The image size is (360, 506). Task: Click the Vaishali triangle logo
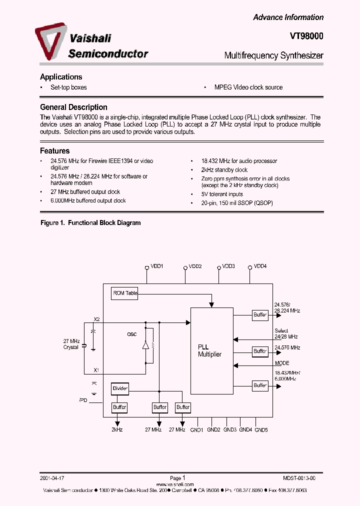pos(50,42)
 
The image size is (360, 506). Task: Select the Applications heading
pos(61,77)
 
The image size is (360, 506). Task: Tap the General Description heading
pos(73,107)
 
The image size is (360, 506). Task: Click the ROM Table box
pos(124,293)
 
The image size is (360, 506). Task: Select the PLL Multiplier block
pos(211,350)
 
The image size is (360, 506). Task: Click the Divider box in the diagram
pos(119,388)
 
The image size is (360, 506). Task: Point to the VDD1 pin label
pos(157,266)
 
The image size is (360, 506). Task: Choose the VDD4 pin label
pos(260,266)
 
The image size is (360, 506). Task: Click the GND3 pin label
pos(230,429)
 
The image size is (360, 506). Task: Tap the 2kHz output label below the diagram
pos(116,429)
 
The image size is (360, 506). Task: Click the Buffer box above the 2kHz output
pos(119,407)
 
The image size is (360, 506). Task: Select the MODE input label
pos(282,363)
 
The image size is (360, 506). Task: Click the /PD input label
pos(83,400)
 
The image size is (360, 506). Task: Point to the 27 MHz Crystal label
pos(70,344)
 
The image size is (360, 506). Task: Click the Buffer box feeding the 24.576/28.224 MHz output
pos(260,315)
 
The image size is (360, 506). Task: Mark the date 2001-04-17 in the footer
pos(51,478)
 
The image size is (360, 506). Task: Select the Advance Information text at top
pos(288,17)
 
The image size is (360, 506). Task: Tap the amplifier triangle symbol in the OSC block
pos(145,345)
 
